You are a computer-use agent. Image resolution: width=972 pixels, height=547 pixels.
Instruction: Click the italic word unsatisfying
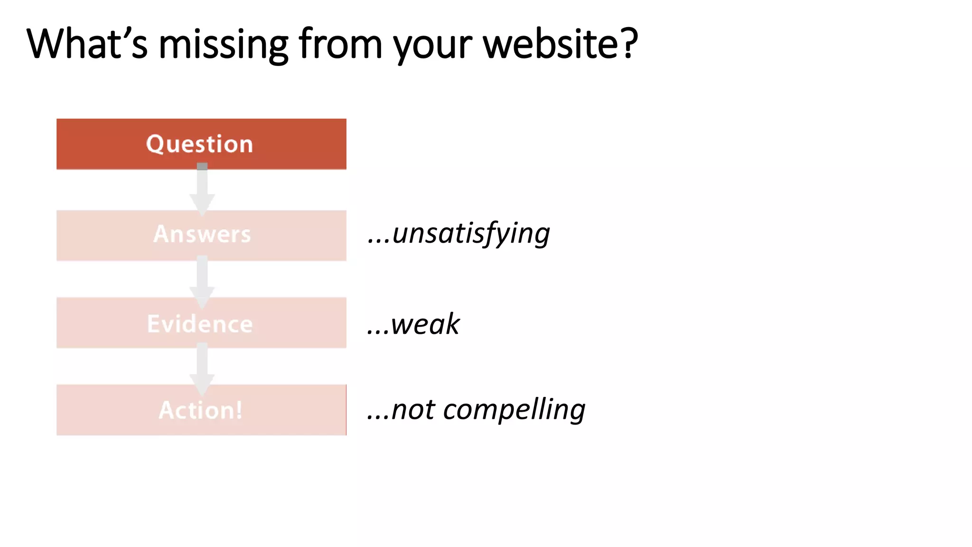[471, 234]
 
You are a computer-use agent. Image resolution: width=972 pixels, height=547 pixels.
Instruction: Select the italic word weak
[425, 325]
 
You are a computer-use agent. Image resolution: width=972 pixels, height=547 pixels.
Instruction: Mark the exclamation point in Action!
[239, 410]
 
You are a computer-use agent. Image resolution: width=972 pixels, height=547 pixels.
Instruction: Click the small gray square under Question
[202, 166]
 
